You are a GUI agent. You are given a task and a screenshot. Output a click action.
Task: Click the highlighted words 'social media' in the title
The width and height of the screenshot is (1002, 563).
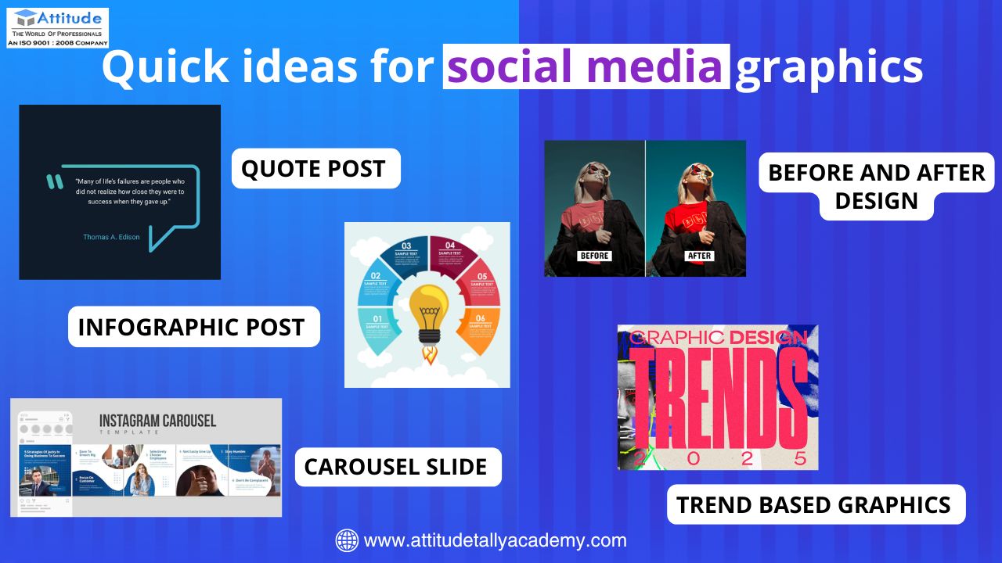click(x=586, y=67)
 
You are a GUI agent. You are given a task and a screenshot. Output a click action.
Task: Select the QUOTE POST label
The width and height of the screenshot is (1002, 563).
click(x=315, y=169)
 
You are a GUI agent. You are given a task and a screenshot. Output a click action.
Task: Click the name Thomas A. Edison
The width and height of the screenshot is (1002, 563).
click(x=112, y=236)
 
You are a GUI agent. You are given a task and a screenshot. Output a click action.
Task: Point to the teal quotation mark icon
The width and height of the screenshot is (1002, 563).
click(x=54, y=182)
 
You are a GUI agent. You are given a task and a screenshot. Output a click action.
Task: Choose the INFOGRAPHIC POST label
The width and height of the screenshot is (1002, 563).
click(x=193, y=327)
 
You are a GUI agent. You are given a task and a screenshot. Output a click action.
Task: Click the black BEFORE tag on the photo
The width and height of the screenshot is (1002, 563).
click(x=594, y=256)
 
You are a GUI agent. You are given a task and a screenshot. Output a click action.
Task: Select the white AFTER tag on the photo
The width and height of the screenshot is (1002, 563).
click(x=698, y=256)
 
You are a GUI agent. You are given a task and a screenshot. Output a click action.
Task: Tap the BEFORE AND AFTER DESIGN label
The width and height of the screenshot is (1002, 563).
click(x=876, y=186)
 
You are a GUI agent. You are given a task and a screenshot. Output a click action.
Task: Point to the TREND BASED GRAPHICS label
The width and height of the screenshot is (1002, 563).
click(x=814, y=505)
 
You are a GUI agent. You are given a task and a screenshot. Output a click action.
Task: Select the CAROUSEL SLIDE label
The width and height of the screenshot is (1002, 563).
click(x=396, y=467)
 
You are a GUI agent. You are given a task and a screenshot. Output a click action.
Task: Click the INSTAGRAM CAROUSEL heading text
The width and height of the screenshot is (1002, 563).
click(x=157, y=421)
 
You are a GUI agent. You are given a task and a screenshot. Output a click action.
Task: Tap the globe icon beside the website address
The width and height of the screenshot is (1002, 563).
click(x=347, y=540)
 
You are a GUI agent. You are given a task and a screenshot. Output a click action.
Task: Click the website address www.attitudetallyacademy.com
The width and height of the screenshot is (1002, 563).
click(x=496, y=540)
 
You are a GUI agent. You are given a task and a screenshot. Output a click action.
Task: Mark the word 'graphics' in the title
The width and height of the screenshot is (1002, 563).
click(x=830, y=67)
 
